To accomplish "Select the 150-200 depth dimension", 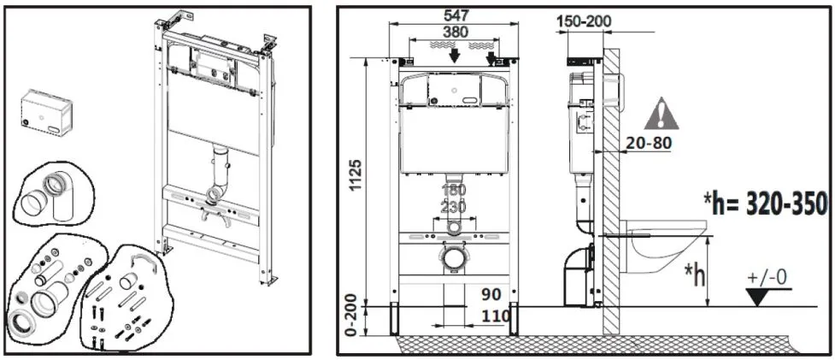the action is pos(585,22).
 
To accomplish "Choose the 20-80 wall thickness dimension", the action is pos(649,144).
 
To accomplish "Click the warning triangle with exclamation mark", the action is pos(662,114).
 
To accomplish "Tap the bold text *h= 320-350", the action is pos(766,204).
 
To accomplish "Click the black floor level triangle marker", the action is pos(759,297).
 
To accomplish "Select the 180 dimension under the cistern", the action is pos(453,190).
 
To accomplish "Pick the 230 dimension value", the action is pos(453,206).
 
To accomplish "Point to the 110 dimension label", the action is pos(495,316).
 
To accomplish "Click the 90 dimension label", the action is pos(491,293).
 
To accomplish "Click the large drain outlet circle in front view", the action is pos(453,257).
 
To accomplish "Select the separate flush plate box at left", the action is pos(46,113).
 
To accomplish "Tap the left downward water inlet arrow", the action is pos(454,56).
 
